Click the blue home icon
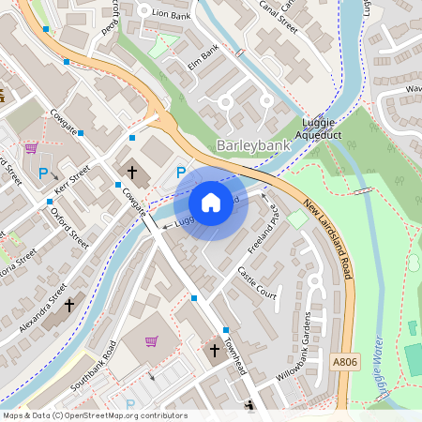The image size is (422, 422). (210, 202)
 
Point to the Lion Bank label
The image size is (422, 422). (171, 14)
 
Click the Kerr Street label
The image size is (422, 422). (72, 177)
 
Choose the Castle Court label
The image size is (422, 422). (258, 283)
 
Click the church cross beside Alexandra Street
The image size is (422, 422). (68, 306)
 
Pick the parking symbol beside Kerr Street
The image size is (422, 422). (42, 173)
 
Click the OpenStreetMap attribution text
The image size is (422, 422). (94, 414)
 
